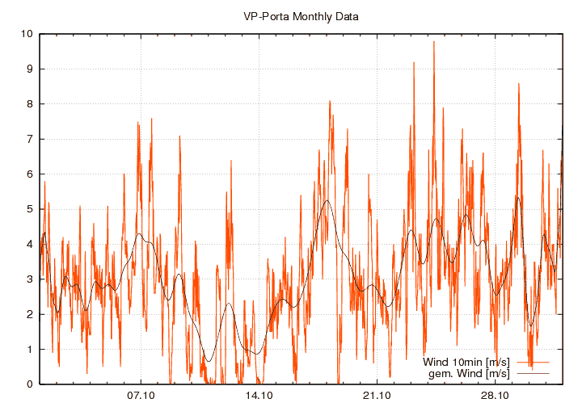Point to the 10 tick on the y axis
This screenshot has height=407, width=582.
(x=27, y=34)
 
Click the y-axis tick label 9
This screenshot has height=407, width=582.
(x=29, y=69)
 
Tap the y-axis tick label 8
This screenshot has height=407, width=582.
(x=29, y=104)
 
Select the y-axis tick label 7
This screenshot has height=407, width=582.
(x=29, y=139)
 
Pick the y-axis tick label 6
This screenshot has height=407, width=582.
(x=29, y=174)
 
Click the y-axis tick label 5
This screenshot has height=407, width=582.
(x=29, y=209)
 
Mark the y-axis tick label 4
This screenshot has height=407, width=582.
(x=29, y=244)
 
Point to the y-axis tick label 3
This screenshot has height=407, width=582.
(x=29, y=279)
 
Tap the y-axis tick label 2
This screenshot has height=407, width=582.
(x=29, y=314)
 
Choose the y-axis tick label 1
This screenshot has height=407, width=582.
(x=29, y=350)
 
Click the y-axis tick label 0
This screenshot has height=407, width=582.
(x=29, y=384)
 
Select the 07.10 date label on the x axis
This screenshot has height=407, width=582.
(x=141, y=396)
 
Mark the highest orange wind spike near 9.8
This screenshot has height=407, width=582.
(x=434, y=42)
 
